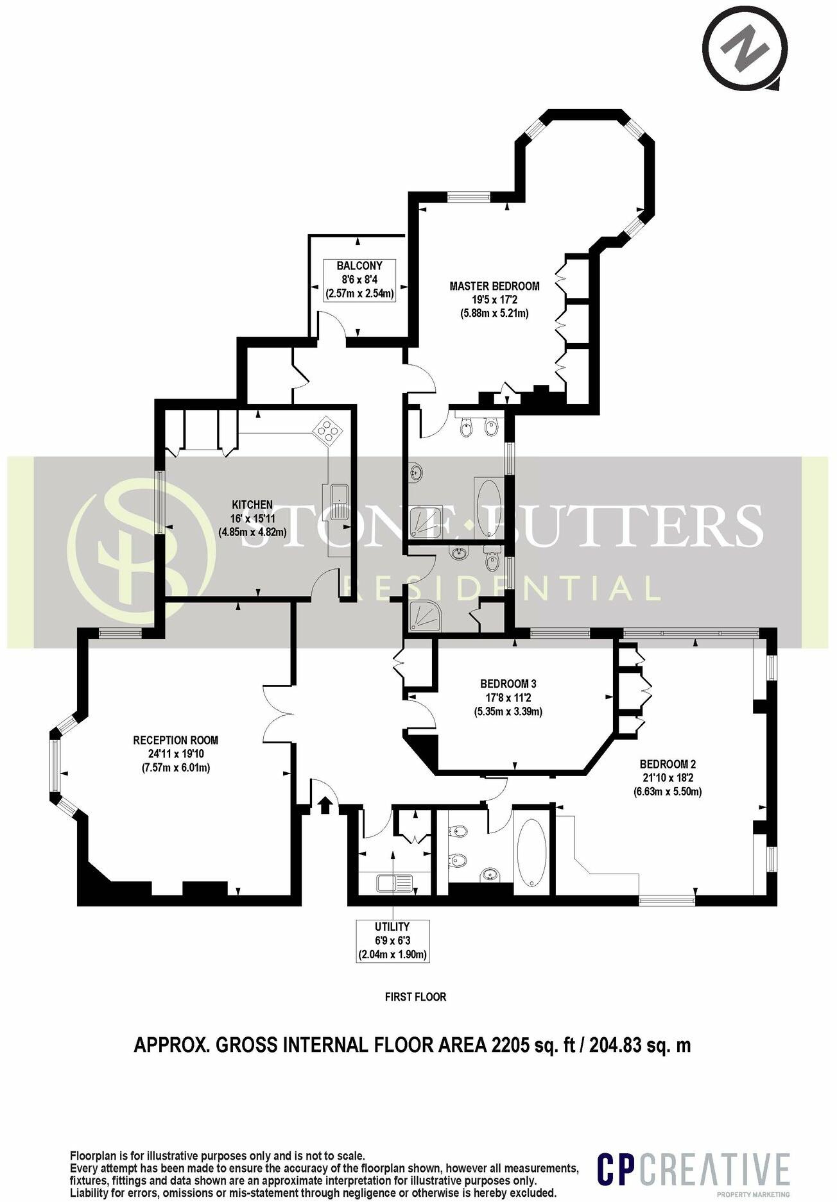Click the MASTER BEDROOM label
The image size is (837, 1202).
click(x=494, y=286)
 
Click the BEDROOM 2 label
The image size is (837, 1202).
click(x=668, y=764)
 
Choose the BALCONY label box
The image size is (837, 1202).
click(x=359, y=280)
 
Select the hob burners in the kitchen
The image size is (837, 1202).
click(x=328, y=429)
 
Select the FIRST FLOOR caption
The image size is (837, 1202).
click(x=415, y=997)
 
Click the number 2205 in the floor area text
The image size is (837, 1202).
click(x=510, y=1045)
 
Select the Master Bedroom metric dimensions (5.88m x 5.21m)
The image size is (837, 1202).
click(x=494, y=314)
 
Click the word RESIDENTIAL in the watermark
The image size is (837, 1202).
click(x=501, y=588)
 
